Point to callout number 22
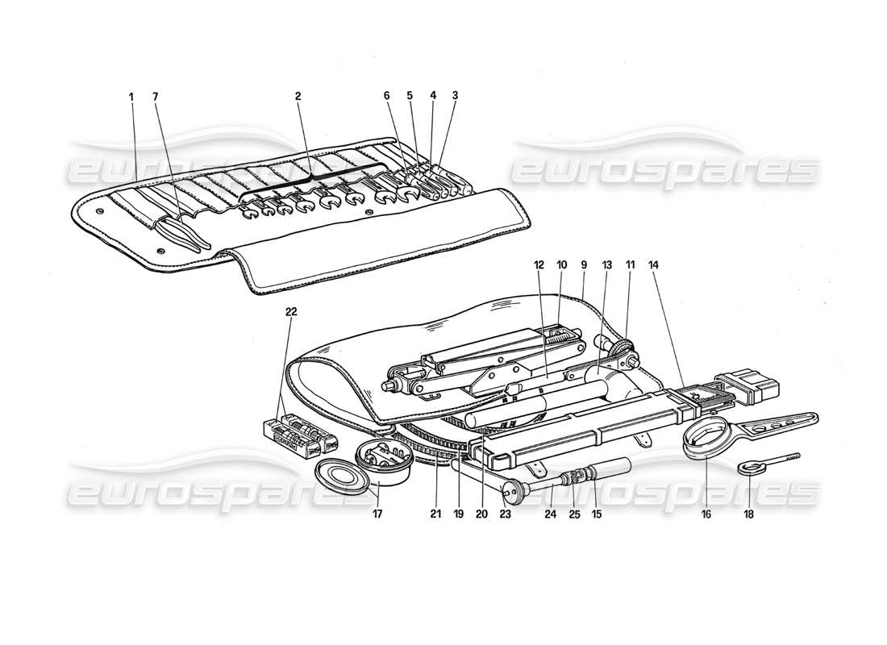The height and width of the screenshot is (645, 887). point(291,312)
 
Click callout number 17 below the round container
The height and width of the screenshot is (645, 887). point(378,513)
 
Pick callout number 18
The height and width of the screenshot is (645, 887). point(749,513)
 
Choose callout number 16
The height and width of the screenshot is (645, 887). point(706,513)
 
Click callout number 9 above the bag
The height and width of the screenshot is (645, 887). point(583,264)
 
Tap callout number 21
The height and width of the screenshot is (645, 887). point(436,513)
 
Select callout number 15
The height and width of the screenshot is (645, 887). point(598,513)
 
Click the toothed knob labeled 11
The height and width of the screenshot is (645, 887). point(622,349)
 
